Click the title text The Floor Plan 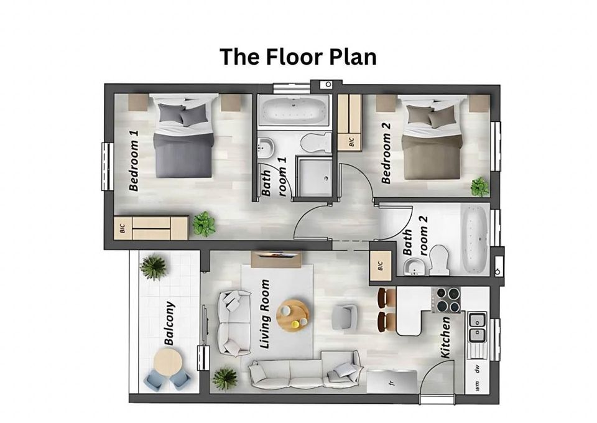(x=298, y=57)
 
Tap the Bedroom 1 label (x=133, y=160)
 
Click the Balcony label (x=169, y=323)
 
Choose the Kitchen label (x=445, y=337)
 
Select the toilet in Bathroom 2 (x=440, y=260)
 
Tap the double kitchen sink (x=477, y=328)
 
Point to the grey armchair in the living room (x=344, y=317)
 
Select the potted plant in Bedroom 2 (x=479, y=186)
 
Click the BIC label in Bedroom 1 (x=121, y=228)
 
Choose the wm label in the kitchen (x=477, y=386)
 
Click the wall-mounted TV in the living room (x=276, y=255)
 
